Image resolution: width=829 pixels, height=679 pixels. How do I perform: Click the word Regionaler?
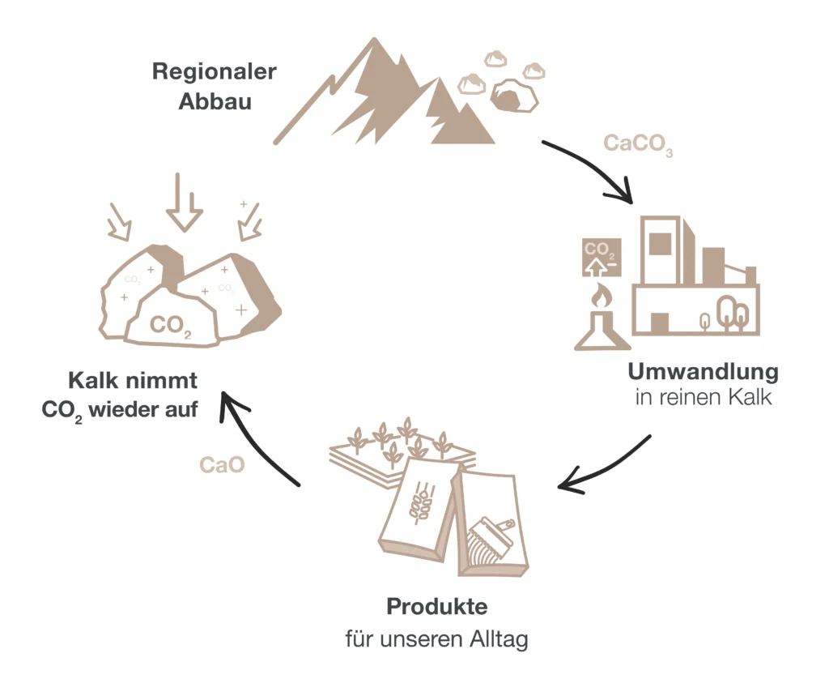pos(214,72)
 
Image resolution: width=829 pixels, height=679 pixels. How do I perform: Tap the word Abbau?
pos(214,102)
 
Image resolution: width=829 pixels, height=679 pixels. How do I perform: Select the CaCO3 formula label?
pos(638,144)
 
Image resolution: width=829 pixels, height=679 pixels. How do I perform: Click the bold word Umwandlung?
pos(703,372)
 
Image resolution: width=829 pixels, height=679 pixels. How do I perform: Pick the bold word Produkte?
pos(437,606)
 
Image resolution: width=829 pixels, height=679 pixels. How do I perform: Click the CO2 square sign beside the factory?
pos(601,258)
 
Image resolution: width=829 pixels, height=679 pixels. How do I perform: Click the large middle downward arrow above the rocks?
pos(184,204)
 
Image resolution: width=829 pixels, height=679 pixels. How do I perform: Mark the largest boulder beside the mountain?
pos(515,95)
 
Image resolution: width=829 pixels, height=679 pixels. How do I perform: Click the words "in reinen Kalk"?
pos(703,399)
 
